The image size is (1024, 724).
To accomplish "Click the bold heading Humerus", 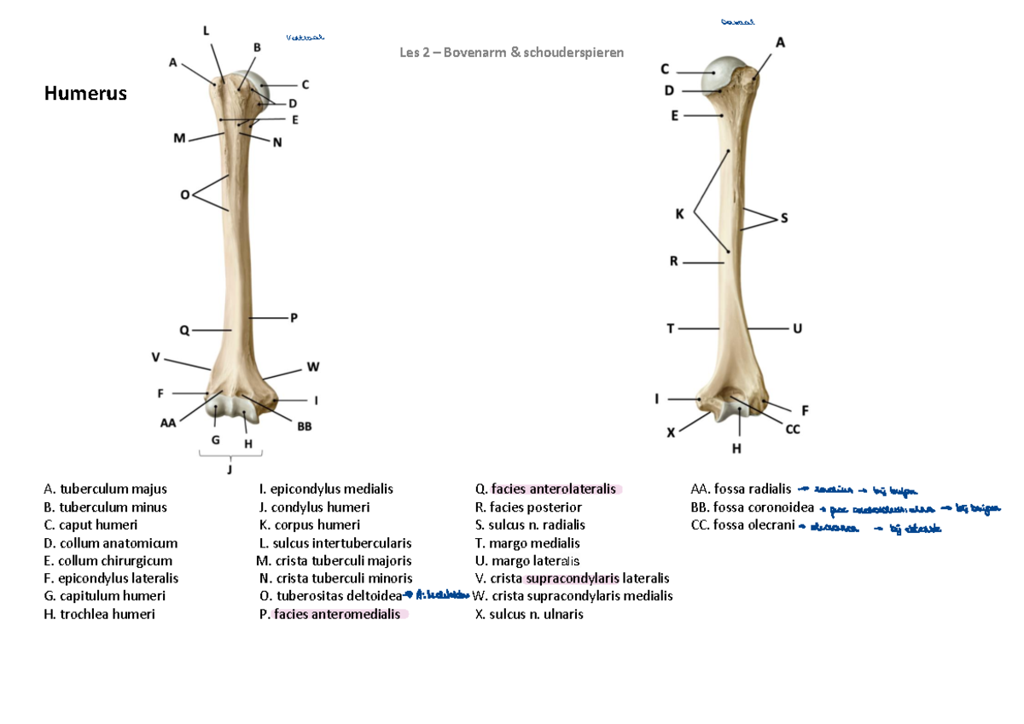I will (85, 94).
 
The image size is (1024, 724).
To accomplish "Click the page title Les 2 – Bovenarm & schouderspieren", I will (511, 53).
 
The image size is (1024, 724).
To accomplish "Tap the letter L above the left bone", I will (205, 31).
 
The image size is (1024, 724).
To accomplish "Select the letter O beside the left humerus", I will (184, 195).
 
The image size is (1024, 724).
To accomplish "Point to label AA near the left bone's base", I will (167, 422).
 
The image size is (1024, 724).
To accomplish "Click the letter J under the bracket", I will (230, 467).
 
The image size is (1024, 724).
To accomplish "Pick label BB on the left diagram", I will (304, 428).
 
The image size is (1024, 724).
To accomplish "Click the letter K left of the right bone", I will (679, 215).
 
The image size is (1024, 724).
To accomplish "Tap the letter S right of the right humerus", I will (784, 218).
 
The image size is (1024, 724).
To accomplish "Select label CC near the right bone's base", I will (792, 430).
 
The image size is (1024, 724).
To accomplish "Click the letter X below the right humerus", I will (671, 432).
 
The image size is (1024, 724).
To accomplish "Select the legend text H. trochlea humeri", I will (99, 614).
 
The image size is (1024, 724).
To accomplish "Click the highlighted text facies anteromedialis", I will (336, 614).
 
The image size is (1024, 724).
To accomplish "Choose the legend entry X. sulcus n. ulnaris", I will (529, 614).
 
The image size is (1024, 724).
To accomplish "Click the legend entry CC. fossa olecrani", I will (742, 524).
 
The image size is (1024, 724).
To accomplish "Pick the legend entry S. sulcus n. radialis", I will (530, 524).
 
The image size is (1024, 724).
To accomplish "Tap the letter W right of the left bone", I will (313, 368).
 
